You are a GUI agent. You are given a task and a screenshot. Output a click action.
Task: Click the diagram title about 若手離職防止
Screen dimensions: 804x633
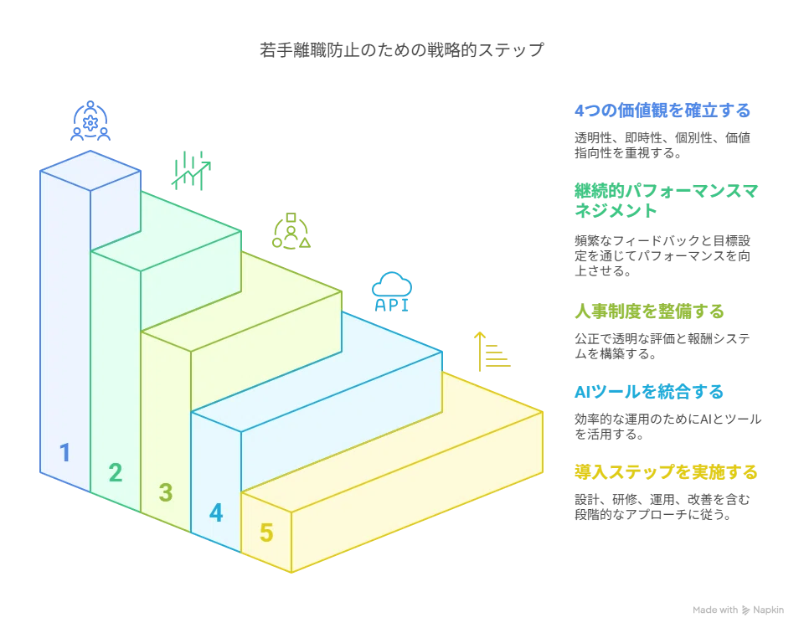(401, 50)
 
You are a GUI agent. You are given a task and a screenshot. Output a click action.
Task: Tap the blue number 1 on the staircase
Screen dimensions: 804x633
(64, 453)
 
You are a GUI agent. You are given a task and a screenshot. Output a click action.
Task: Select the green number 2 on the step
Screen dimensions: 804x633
(116, 472)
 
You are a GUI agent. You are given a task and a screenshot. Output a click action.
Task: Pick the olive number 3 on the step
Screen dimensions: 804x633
(166, 492)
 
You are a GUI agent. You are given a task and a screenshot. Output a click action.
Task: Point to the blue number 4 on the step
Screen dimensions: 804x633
(216, 513)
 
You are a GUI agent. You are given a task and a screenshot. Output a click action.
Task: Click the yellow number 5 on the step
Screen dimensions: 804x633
(266, 533)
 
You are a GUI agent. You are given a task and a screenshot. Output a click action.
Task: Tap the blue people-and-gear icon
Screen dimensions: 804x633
(90, 121)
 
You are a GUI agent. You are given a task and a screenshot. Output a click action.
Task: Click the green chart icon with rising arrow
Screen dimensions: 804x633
(191, 171)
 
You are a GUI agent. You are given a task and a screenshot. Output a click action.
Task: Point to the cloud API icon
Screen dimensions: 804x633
(392, 291)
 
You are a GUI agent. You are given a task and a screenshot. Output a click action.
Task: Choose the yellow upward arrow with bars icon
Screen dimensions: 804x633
(492, 352)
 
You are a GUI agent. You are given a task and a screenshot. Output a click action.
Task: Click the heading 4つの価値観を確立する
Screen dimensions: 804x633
(662, 111)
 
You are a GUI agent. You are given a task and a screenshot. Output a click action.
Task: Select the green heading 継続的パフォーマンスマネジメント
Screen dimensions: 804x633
(666, 200)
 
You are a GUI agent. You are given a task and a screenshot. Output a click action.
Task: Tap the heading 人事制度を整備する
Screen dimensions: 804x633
(649, 311)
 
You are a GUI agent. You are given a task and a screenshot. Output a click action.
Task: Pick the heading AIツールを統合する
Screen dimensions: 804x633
(648, 392)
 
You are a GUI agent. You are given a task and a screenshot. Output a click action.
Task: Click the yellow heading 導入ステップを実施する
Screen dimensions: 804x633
(666, 472)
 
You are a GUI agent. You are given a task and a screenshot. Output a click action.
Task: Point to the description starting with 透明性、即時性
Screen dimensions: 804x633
(662, 145)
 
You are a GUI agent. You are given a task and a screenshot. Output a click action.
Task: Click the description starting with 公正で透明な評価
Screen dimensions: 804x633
(662, 346)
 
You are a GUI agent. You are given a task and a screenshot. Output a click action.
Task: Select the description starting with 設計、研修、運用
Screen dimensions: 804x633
(662, 507)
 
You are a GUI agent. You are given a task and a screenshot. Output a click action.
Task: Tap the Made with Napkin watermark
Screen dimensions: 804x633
(738, 610)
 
